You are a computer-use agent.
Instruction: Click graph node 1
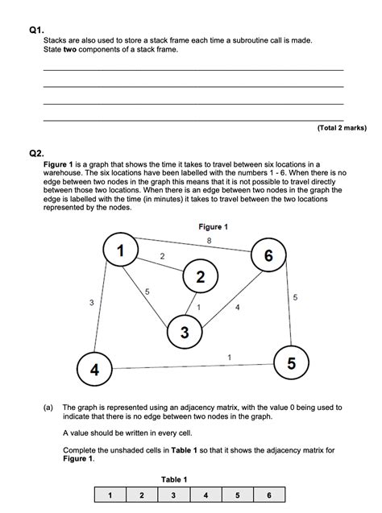coord(120,251)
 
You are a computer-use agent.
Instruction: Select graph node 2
coord(200,278)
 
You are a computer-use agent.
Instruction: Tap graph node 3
coord(185,332)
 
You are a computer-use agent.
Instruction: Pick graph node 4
coord(94,370)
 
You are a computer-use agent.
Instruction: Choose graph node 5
coord(291,364)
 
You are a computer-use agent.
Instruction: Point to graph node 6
coord(268,256)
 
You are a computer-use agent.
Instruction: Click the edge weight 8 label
coord(209,241)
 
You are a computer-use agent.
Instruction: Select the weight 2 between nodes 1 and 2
coord(163,256)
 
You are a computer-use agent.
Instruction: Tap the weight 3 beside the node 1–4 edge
coord(91,302)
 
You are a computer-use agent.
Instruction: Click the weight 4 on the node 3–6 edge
coord(237,307)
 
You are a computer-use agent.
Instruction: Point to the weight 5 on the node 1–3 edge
coord(146,291)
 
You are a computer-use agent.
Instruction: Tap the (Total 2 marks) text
coord(342,127)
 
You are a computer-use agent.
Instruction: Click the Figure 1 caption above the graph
coord(214,227)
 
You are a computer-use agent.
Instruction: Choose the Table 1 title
coord(174,479)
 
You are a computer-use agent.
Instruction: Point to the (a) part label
coord(49,408)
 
